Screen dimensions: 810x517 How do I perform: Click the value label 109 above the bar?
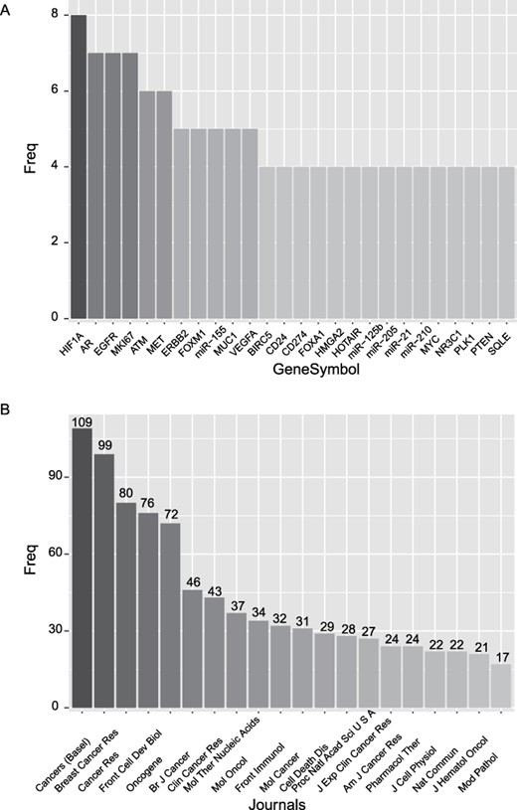click(83, 422)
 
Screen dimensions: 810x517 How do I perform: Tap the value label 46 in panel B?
click(192, 582)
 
